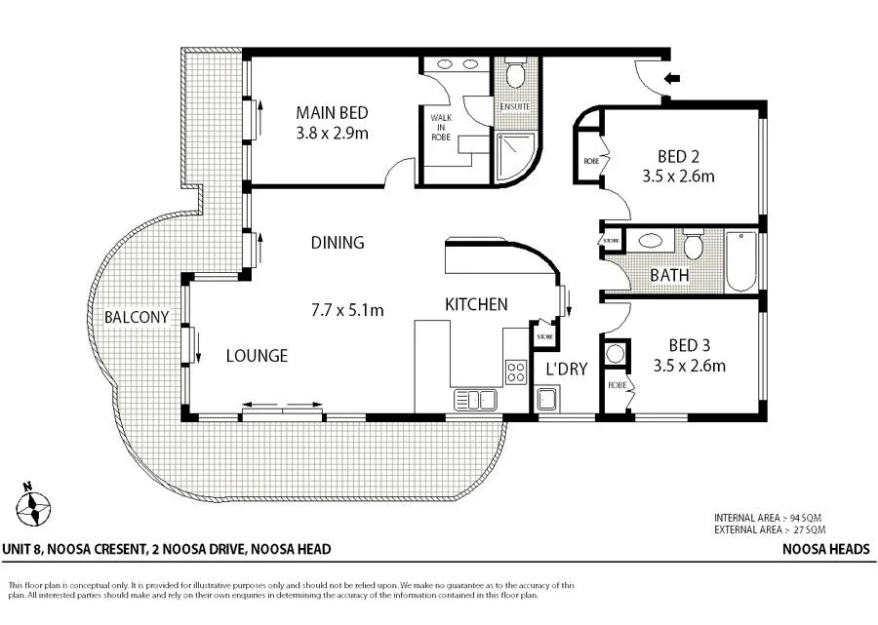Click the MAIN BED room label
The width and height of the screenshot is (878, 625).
coord(333,111)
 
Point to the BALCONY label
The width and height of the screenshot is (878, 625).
coord(137,317)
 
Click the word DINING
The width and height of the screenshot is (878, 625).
coord(338,243)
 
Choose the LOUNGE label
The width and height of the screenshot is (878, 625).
coord(258,356)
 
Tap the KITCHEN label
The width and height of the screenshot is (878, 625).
coord(476,304)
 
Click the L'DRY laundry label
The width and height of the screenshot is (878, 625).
coord(566,369)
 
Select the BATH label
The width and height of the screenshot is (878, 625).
coord(669,275)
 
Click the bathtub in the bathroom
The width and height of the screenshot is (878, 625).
coord(742,261)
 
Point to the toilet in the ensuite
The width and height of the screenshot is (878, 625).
coord(515,74)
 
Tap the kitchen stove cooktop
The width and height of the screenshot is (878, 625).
coord(515,371)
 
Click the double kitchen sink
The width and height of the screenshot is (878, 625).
coord(475,398)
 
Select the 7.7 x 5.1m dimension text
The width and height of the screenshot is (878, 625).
coord(347,311)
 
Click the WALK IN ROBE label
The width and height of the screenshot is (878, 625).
coord(442,127)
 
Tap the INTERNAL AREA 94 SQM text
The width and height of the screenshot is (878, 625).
coord(771,518)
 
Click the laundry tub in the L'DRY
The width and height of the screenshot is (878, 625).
coord(547,397)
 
